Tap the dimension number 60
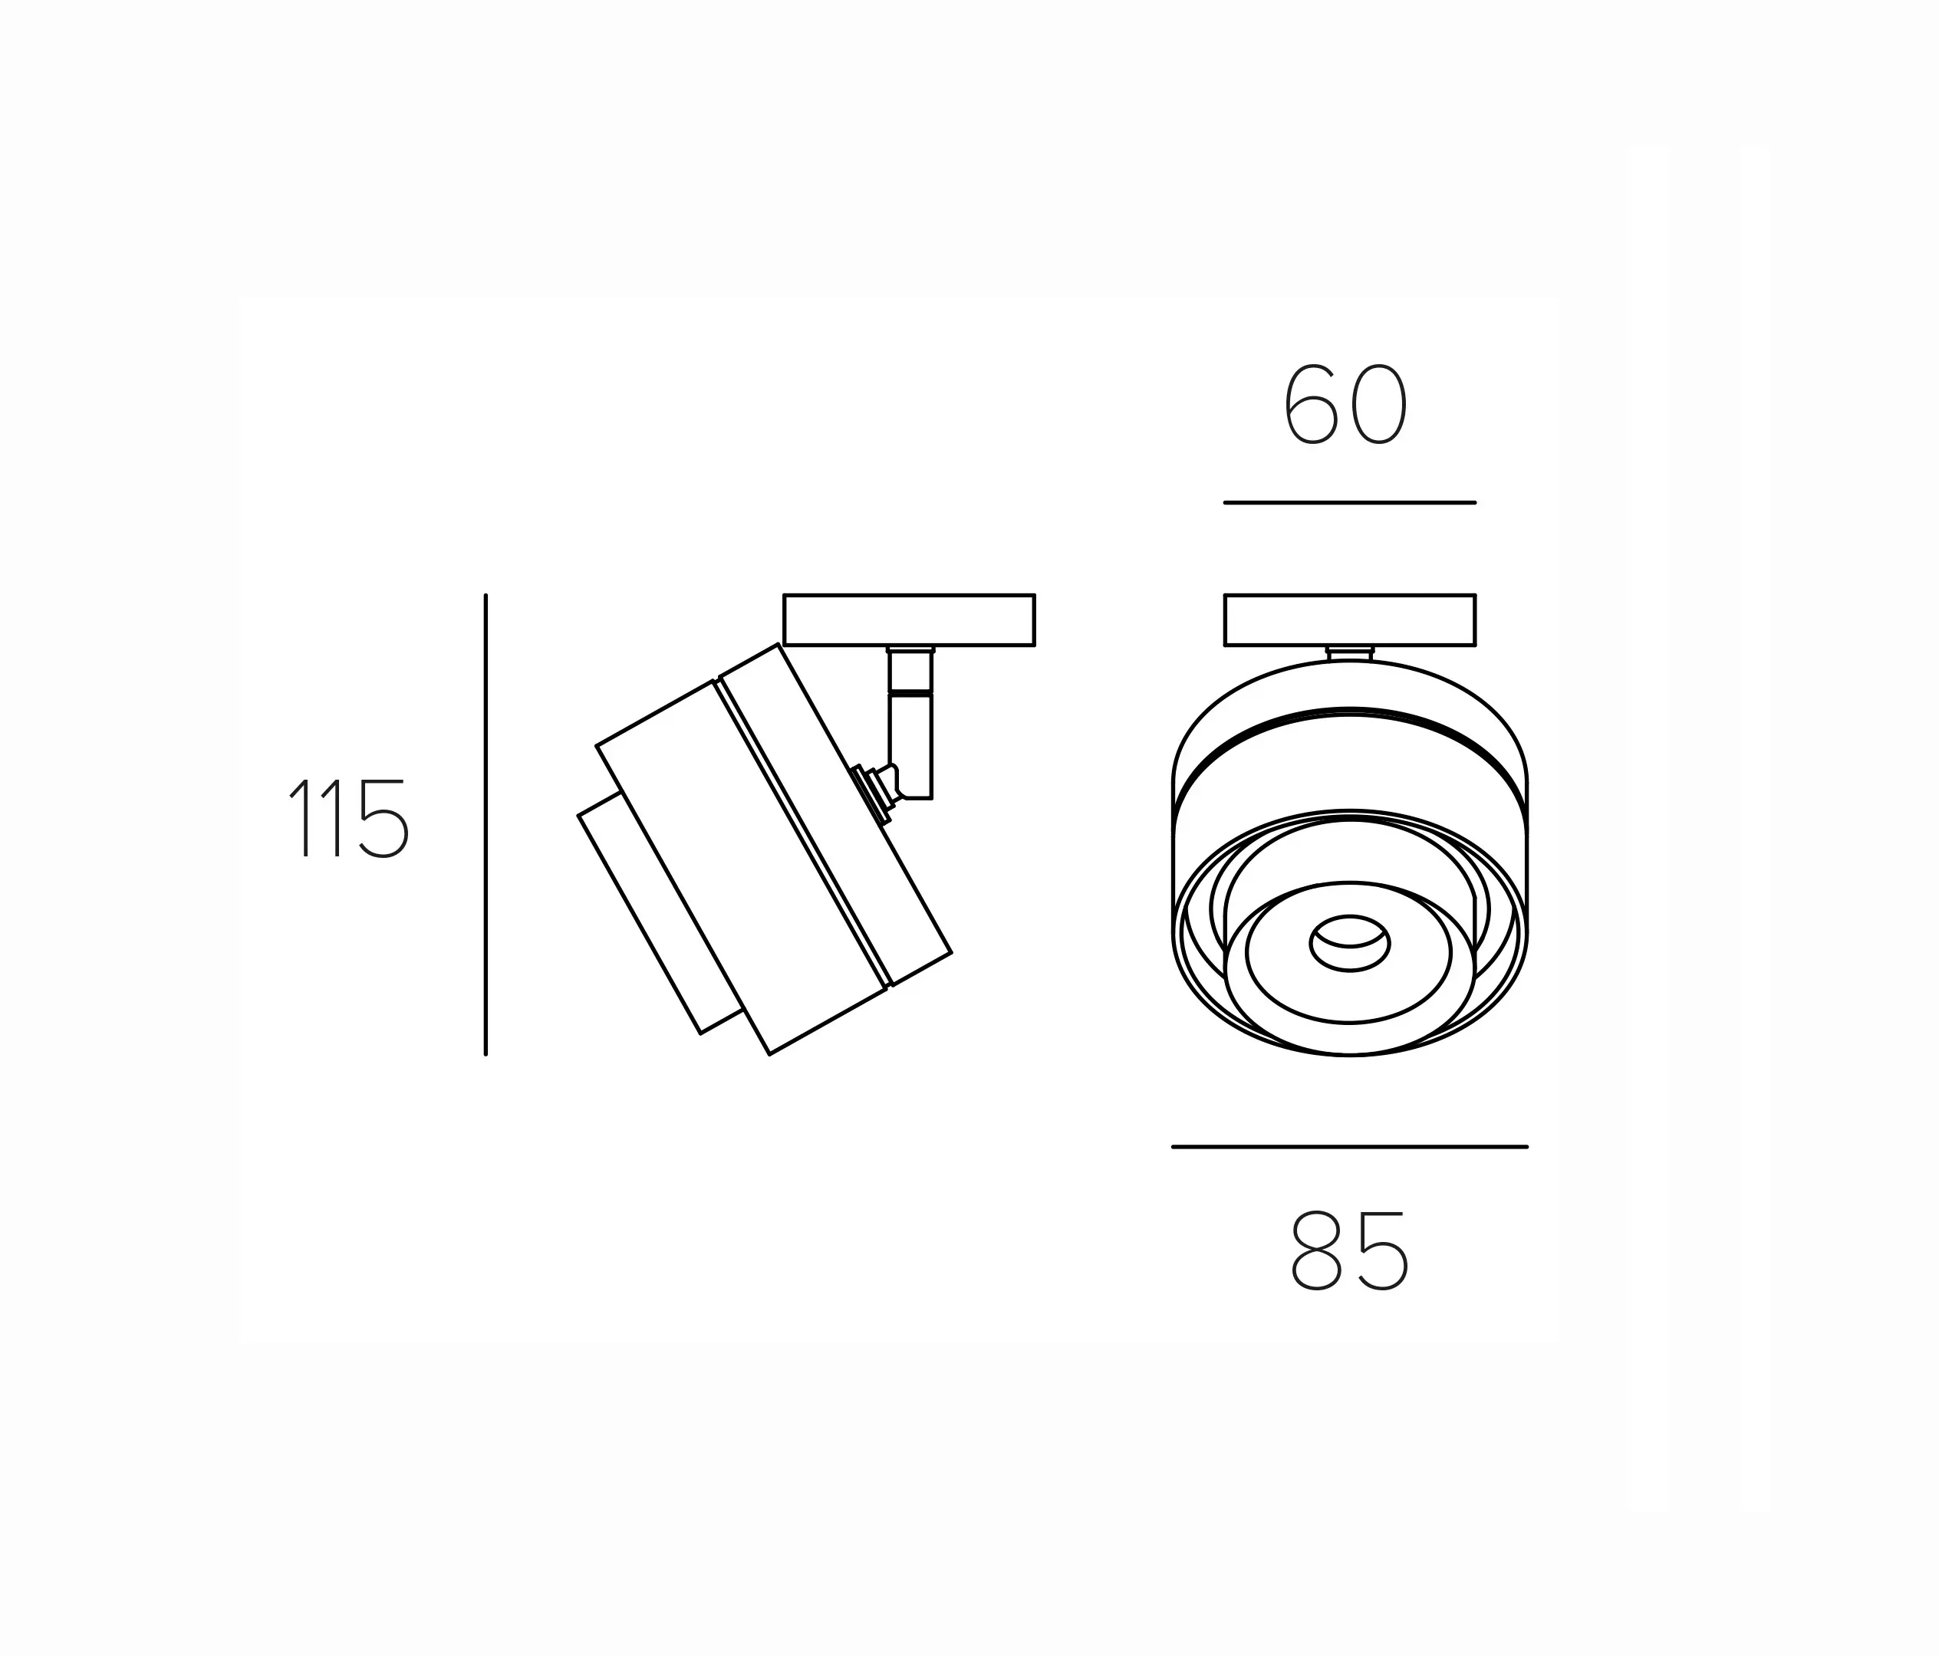tap(1345, 404)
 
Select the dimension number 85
tap(1348, 1252)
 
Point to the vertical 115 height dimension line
tap(486, 823)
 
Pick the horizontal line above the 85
tap(1349, 1146)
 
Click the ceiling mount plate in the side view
tap(909, 619)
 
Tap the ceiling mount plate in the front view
tap(1349, 619)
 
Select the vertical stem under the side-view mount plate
tap(910, 730)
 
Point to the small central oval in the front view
tap(1349, 944)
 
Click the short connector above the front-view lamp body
tap(1349, 653)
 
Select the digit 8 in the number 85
tap(1315, 1252)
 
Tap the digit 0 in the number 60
tap(1379, 404)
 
